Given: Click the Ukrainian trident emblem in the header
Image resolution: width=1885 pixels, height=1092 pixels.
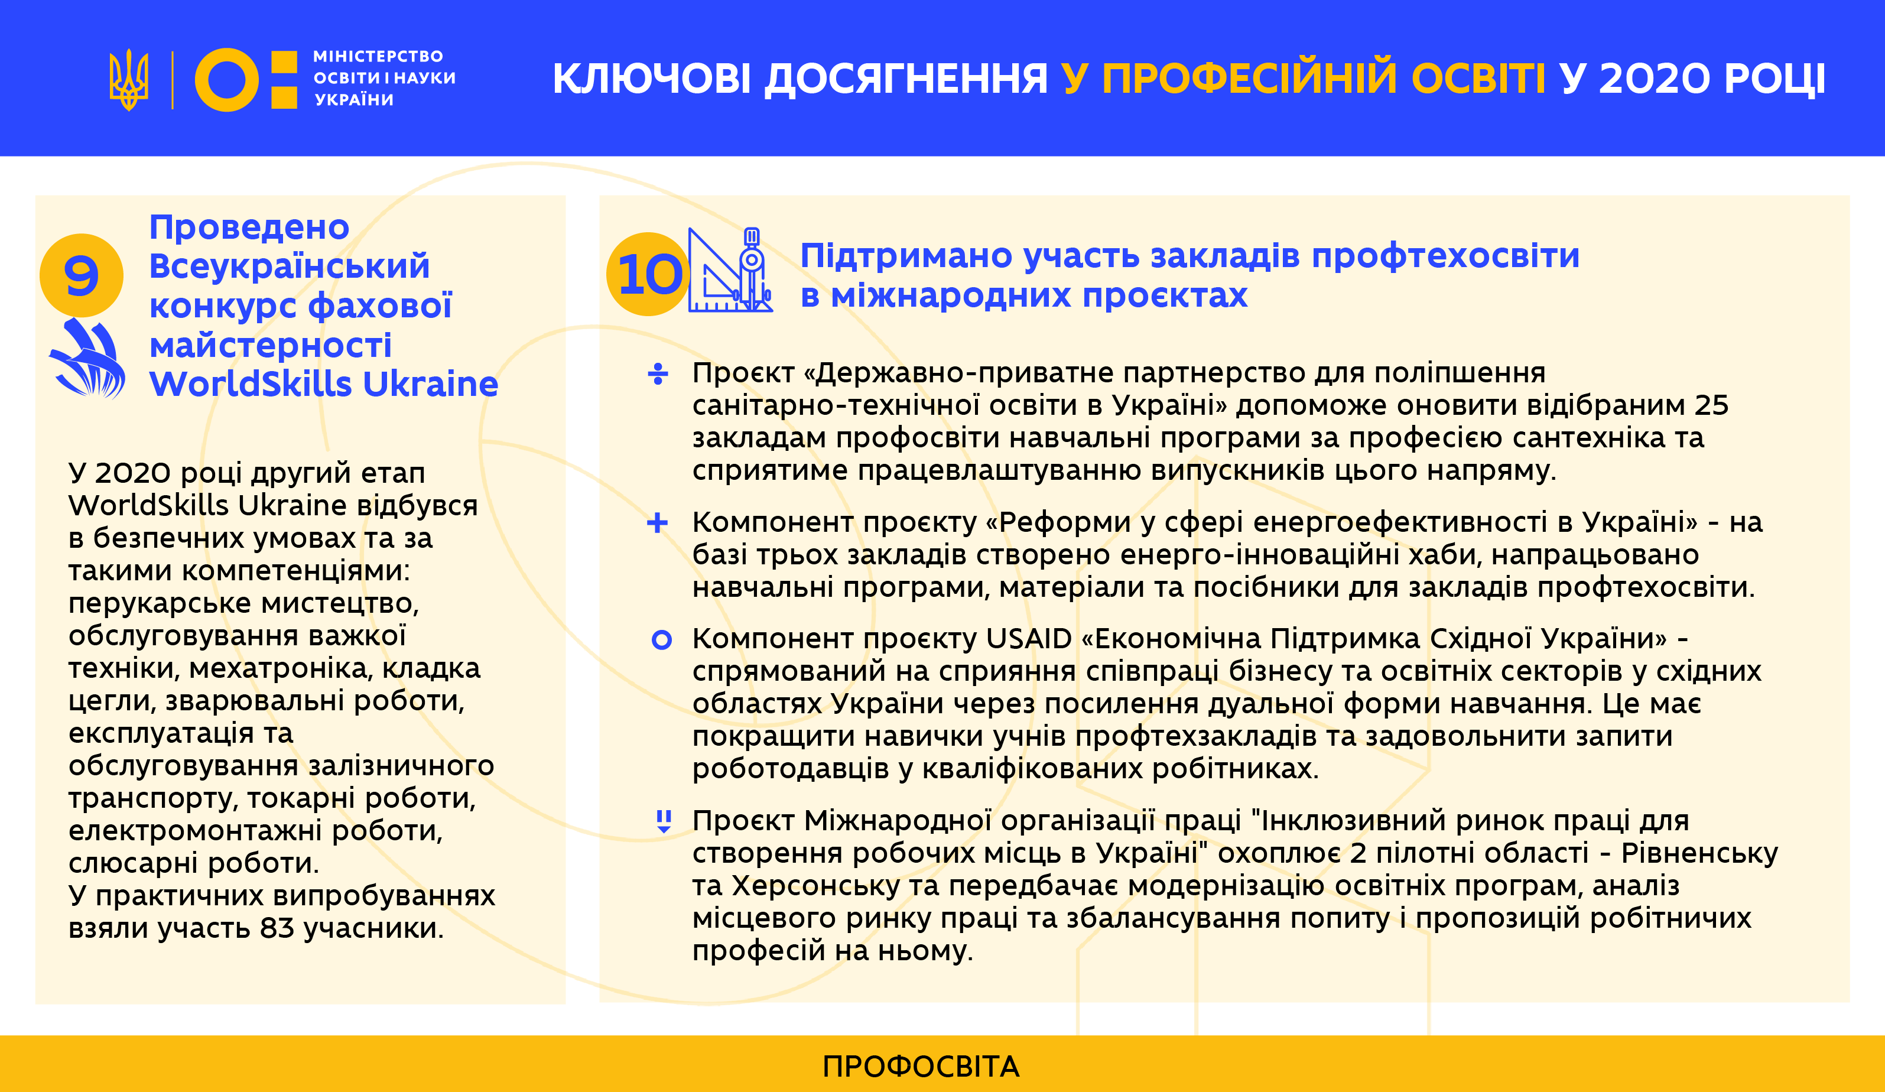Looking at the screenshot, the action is click(x=129, y=80).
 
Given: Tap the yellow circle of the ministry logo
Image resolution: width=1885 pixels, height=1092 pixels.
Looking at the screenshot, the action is click(x=227, y=80).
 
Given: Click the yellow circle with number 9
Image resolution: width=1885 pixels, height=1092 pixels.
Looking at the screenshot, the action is click(x=82, y=275).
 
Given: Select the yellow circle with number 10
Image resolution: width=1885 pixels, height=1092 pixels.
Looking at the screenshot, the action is click(x=648, y=274).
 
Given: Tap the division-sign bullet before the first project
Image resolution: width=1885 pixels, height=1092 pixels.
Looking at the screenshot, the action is click(x=658, y=373).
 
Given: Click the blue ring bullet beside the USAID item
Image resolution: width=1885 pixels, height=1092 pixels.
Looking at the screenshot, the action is click(x=661, y=639).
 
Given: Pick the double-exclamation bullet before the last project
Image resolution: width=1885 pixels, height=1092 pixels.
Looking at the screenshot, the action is click(x=664, y=821).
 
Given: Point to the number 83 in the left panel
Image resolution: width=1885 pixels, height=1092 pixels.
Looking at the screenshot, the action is click(x=278, y=928).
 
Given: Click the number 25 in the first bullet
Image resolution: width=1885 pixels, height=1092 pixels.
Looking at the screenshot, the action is click(x=1711, y=405).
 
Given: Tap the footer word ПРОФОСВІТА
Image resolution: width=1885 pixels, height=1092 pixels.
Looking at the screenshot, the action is click(x=921, y=1067).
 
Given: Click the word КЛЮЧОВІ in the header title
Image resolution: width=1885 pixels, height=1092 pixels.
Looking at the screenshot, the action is click(x=652, y=79).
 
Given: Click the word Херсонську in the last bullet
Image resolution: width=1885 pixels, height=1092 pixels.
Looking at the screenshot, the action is click(x=816, y=886).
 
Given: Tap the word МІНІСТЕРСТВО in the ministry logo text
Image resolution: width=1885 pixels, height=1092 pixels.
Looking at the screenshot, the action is click(x=378, y=56).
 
